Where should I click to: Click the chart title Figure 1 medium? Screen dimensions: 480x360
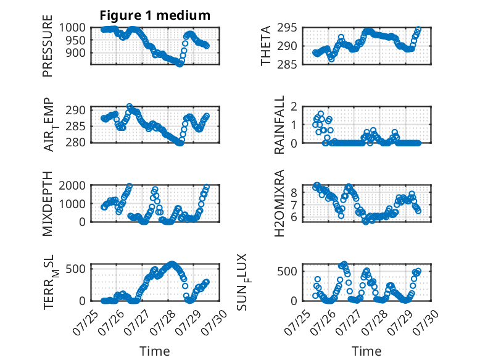pyautogui.click(x=155, y=15)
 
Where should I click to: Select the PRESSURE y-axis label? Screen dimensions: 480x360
pyautogui.click(x=48, y=46)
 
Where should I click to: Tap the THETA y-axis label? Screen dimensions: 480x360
pyautogui.click(x=266, y=46)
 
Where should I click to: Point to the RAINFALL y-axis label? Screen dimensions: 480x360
pyautogui.click(x=279, y=125)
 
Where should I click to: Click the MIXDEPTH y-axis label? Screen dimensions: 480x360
pyautogui.click(x=48, y=204)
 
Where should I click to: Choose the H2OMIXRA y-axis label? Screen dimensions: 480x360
pyautogui.click(x=279, y=203)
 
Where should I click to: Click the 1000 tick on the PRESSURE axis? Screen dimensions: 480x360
pyautogui.click(x=72, y=28)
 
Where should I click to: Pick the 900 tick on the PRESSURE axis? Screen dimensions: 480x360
pyautogui.click(x=76, y=53)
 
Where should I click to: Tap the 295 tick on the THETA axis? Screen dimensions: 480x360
pyautogui.click(x=287, y=28)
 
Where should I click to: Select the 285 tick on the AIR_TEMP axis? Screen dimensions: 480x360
pyautogui.click(x=76, y=126)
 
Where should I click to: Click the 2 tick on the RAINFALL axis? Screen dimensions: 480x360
pyautogui.click(x=294, y=107)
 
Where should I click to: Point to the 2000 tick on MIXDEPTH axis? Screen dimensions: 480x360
pyautogui.click(x=72, y=185)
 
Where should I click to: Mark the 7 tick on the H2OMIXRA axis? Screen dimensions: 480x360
pyautogui.click(x=294, y=205)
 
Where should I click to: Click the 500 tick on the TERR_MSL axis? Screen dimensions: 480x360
pyautogui.click(x=76, y=269)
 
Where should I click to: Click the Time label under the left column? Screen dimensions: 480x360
pyautogui.click(x=155, y=351)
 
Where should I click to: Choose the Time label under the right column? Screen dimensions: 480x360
pyautogui.click(x=366, y=351)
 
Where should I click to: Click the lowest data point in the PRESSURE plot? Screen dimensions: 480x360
pyautogui.click(x=180, y=64)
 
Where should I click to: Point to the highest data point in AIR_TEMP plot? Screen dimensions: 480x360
pyautogui.click(x=130, y=107)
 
